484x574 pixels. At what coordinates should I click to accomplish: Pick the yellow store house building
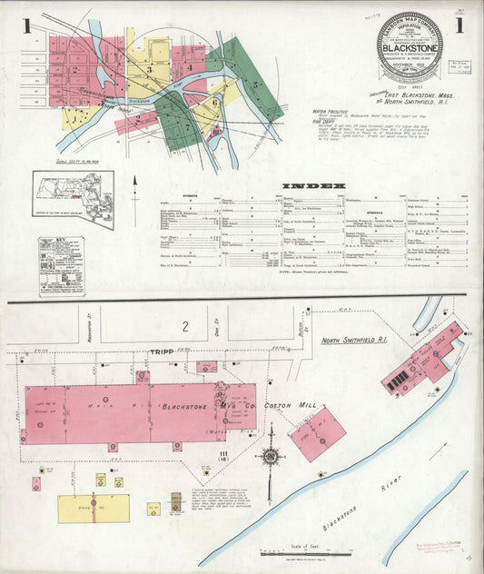pos(93,508)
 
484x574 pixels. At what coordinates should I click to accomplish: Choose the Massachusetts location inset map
pos(73,186)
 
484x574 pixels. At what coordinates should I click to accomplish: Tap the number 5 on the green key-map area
pos(256,84)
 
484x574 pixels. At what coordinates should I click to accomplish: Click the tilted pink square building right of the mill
pos(317,433)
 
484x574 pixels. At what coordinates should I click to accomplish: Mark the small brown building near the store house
pos(176,500)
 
